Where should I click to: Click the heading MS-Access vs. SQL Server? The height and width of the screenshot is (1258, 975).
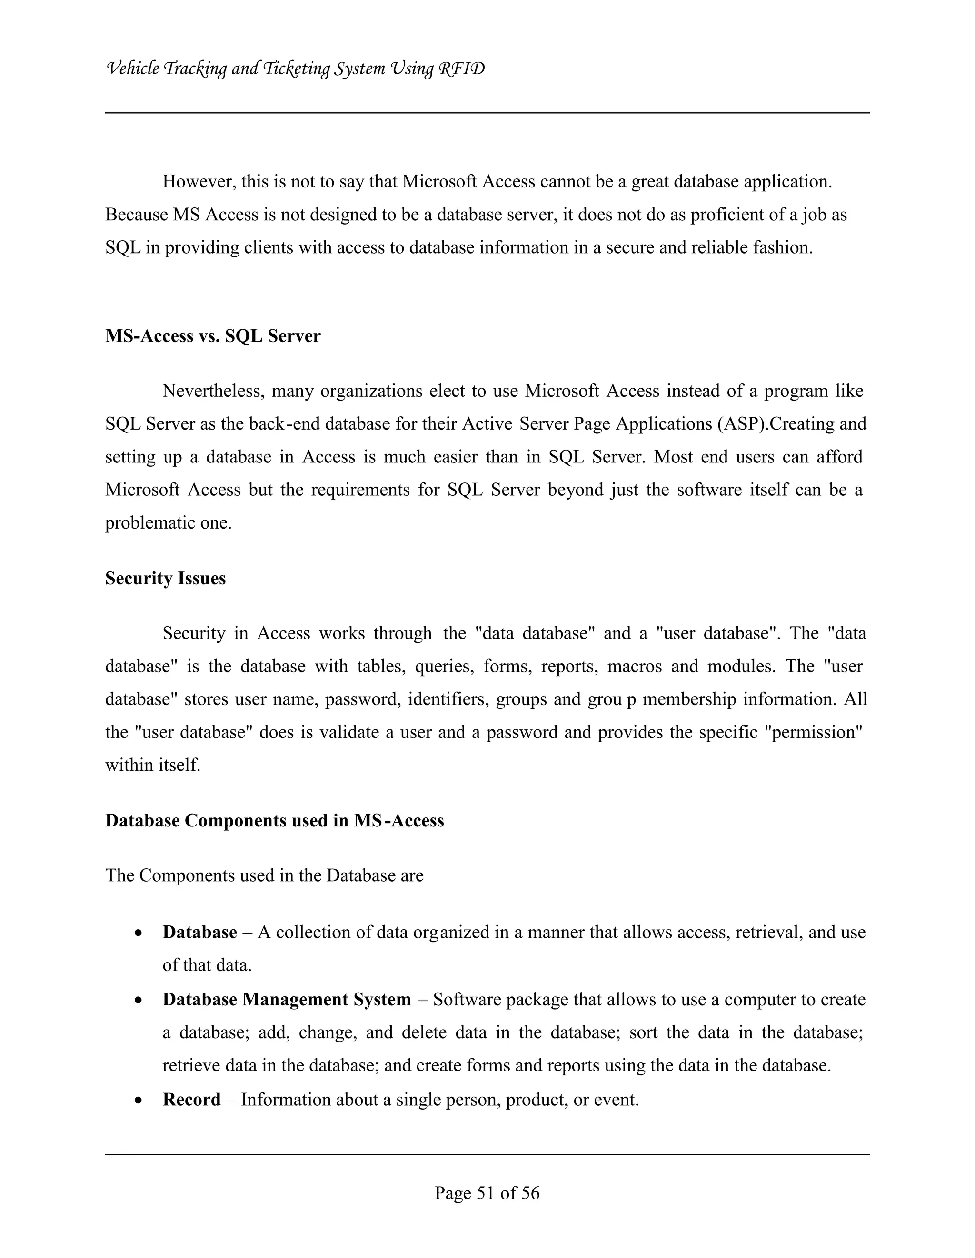[x=213, y=336]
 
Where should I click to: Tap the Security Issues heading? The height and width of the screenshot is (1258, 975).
[x=165, y=578]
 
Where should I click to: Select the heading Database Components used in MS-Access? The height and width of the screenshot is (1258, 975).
[x=274, y=820]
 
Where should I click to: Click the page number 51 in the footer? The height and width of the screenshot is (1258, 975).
[x=486, y=1192]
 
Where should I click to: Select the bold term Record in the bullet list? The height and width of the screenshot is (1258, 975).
[x=191, y=1100]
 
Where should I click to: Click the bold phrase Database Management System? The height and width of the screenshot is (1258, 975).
[x=287, y=999]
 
